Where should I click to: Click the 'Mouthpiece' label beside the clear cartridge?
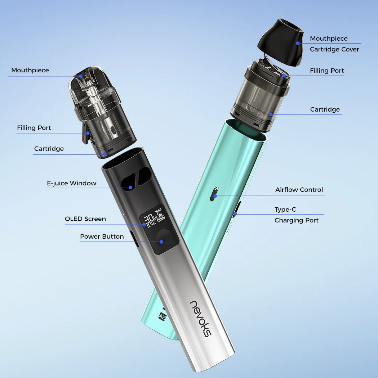30,70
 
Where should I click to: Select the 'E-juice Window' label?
72,183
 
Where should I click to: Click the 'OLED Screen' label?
85,219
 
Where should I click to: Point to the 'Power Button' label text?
102,237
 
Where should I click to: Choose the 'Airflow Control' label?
299,190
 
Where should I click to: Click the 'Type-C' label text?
285,210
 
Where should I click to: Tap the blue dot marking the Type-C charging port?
235,214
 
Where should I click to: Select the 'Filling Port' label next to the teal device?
327,71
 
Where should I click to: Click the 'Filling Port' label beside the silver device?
34,128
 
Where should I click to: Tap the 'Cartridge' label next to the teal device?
325,109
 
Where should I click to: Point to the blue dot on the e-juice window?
130,187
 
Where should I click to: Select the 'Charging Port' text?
296,220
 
